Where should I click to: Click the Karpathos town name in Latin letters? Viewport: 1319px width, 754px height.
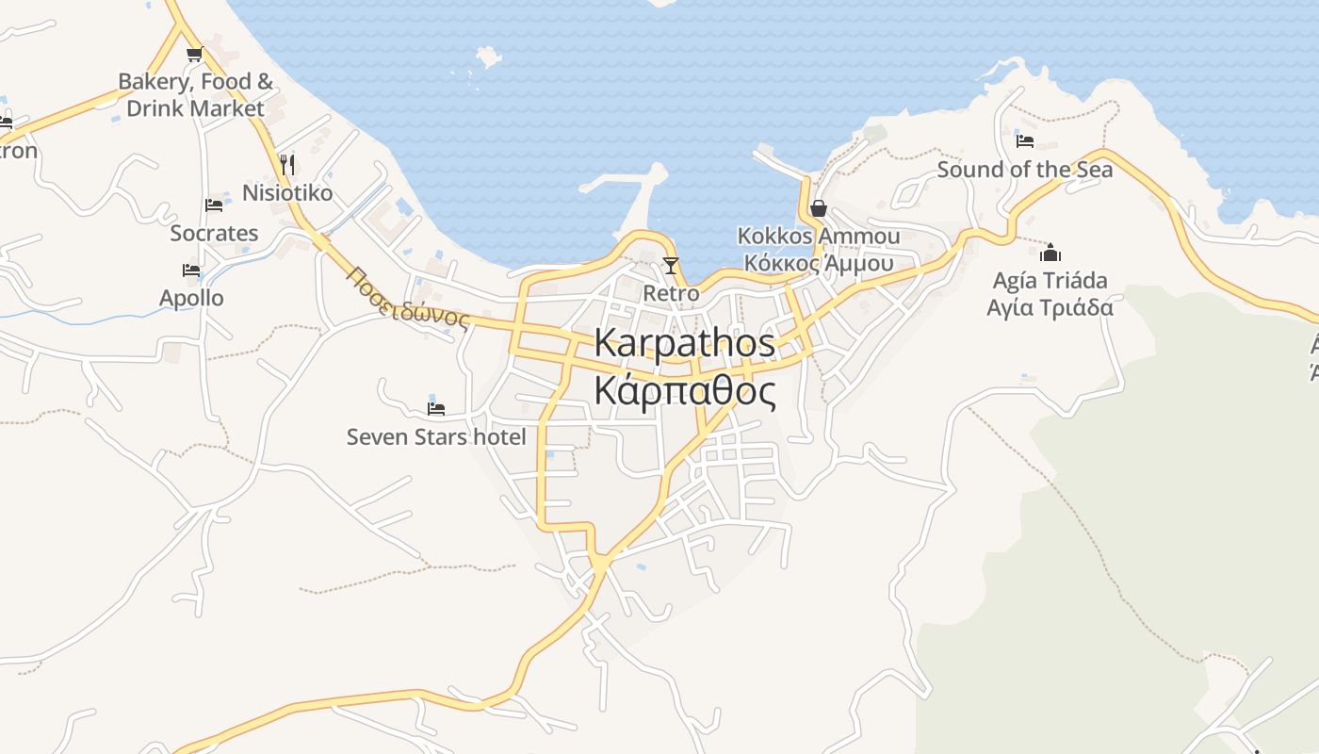click(685, 343)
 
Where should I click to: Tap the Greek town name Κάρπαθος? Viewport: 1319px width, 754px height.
click(685, 389)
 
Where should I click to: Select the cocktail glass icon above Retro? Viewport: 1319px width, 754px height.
click(671, 266)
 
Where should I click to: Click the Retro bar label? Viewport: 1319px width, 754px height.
click(671, 293)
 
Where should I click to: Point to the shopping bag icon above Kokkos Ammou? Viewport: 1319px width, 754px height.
click(818, 208)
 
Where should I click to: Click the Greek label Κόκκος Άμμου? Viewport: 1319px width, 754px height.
click(818, 263)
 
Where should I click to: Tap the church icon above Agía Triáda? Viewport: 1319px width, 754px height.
click(1050, 253)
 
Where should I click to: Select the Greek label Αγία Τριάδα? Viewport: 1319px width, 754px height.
click(1050, 307)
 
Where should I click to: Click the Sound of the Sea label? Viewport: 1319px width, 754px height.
click(1024, 170)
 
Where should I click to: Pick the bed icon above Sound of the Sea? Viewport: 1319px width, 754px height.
click(1025, 141)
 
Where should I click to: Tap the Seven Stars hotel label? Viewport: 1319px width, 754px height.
click(436, 436)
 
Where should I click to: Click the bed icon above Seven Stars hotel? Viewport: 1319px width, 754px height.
click(436, 408)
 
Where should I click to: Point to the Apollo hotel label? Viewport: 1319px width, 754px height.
click(191, 298)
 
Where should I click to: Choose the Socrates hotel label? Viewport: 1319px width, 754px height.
click(214, 233)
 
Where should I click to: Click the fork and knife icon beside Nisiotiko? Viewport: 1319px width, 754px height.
click(287, 165)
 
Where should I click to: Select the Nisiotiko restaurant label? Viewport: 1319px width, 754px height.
click(287, 193)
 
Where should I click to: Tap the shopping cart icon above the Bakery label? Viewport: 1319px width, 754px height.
click(194, 54)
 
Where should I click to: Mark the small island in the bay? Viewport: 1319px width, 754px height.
click(488, 57)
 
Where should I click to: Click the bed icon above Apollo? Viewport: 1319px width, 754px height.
click(191, 270)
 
